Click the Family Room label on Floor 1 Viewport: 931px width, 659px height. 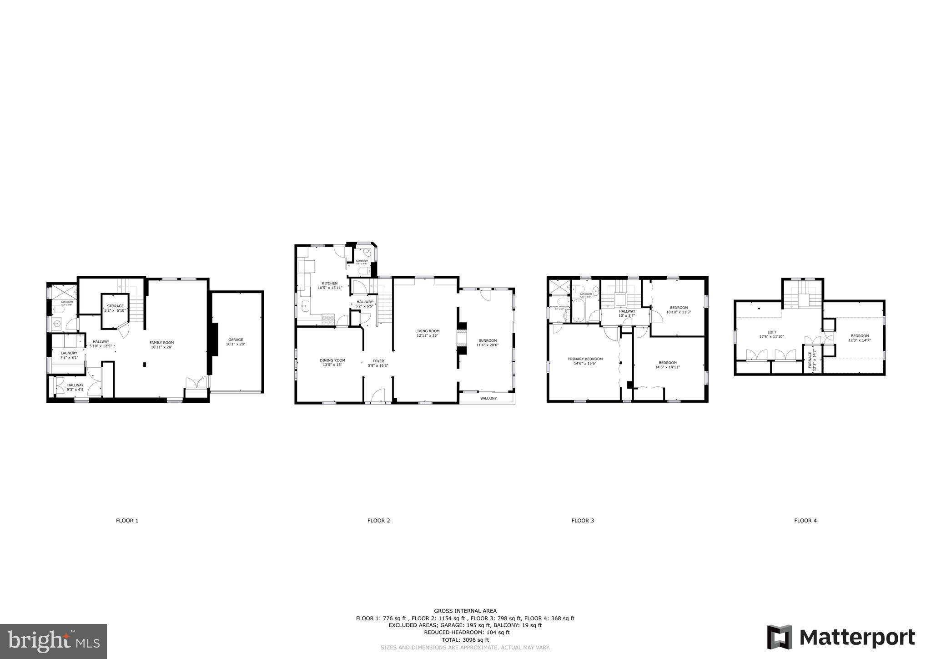(162, 345)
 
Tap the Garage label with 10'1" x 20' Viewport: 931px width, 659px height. (235, 342)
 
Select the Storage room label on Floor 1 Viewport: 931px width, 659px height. (115, 308)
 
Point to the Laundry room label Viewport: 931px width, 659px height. (69, 355)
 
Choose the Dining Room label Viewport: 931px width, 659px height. (332, 362)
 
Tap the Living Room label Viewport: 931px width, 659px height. (427, 333)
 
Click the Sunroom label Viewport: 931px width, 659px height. (487, 343)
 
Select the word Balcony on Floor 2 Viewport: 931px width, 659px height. (488, 398)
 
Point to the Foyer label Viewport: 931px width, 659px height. (378, 363)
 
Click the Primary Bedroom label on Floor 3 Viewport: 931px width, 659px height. (585, 361)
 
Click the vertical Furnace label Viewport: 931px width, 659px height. (810, 359)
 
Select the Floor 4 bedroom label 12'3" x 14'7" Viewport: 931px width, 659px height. (859, 338)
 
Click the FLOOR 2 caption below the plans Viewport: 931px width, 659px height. (378, 521)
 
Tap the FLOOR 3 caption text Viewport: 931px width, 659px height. (583, 521)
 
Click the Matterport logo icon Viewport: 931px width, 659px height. (780, 637)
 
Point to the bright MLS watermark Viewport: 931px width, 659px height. (54, 642)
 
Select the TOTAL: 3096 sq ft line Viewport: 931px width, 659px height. (465, 639)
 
